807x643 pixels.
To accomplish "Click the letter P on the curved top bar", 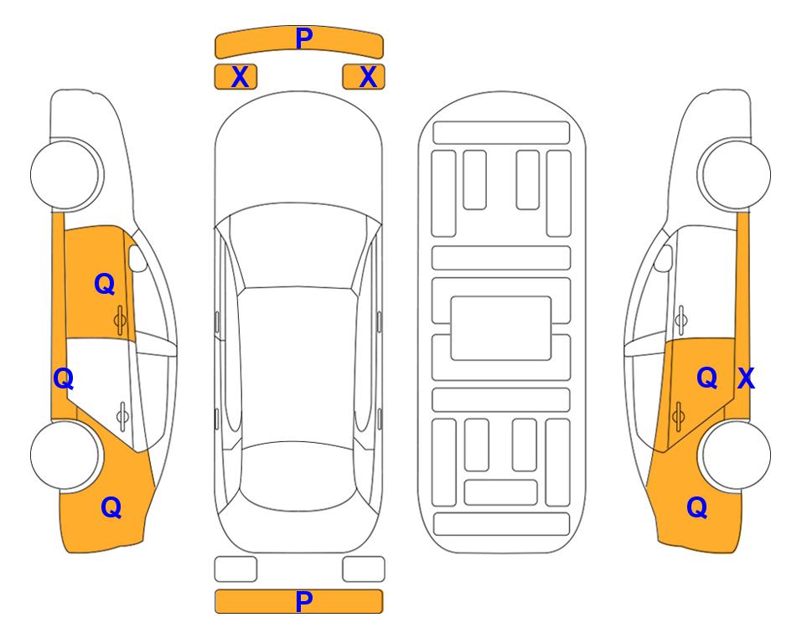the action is click(x=304, y=39).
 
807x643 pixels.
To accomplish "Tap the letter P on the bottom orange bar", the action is click(x=304, y=601).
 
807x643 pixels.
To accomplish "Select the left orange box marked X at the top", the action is click(x=235, y=77).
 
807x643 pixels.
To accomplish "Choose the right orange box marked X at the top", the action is click(x=364, y=77).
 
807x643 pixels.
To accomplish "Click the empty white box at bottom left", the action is click(x=235, y=569).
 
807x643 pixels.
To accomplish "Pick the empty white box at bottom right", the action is click(x=364, y=569).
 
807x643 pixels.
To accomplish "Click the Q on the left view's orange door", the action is click(x=105, y=284).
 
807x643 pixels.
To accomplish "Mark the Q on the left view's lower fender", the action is click(x=111, y=507).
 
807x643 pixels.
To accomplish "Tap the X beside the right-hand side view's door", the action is click(x=747, y=378).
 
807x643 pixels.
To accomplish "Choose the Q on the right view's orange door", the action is click(x=707, y=378).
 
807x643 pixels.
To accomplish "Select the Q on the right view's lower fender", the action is click(x=697, y=507).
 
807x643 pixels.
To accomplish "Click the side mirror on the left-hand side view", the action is click(x=137, y=258).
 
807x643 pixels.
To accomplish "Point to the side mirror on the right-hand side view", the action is click(x=664, y=258).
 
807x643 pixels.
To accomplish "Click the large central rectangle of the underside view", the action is click(x=501, y=328).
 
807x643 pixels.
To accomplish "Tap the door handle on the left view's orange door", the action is click(x=120, y=320).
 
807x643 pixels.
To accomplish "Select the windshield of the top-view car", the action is click(x=298, y=246).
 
